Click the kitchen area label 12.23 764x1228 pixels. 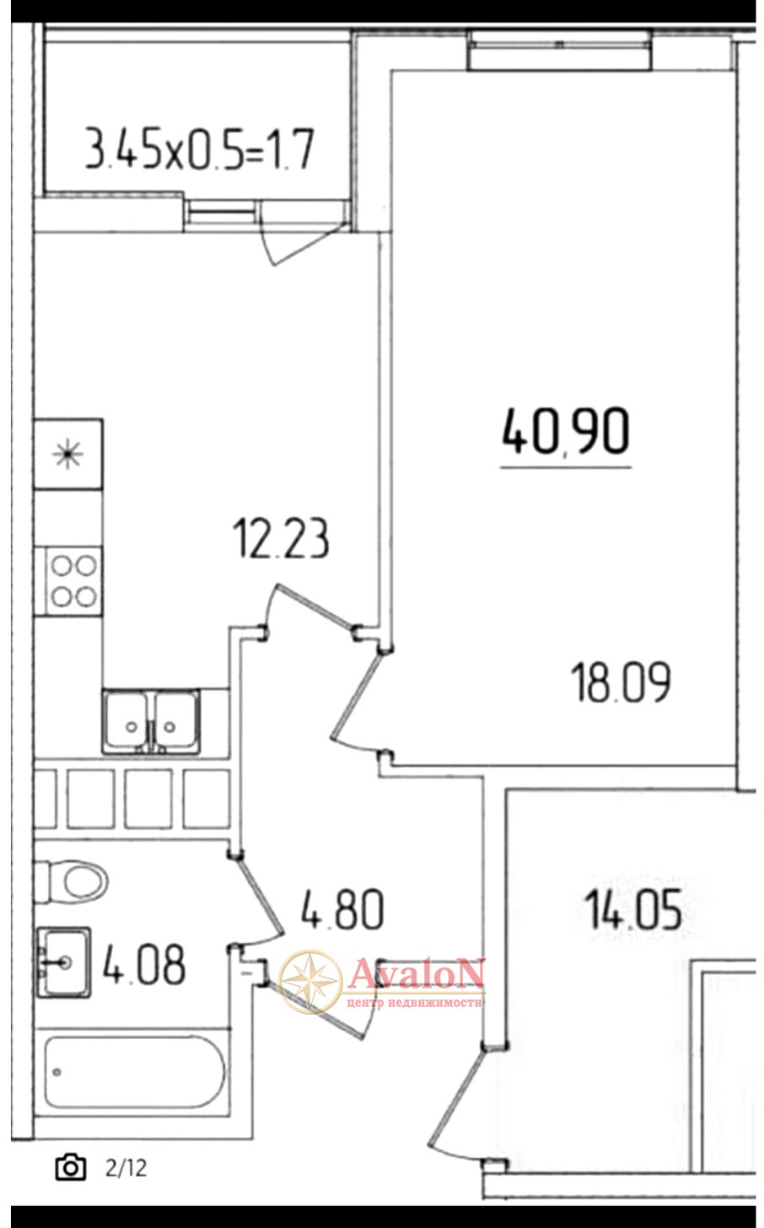coord(281,539)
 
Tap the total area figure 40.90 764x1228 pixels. coord(566,432)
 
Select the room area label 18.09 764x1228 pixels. coord(621,682)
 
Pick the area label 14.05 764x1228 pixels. coord(633,909)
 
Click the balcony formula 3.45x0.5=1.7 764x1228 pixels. coord(200,148)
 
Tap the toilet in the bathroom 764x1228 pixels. coord(71,881)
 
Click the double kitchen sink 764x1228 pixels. coord(151,721)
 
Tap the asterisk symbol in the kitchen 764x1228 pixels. coord(68,454)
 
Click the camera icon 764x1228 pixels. coord(71,1168)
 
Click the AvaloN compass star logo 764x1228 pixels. coord(311,982)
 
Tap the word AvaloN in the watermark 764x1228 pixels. coord(417,971)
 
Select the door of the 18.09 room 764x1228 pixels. coord(356,697)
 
